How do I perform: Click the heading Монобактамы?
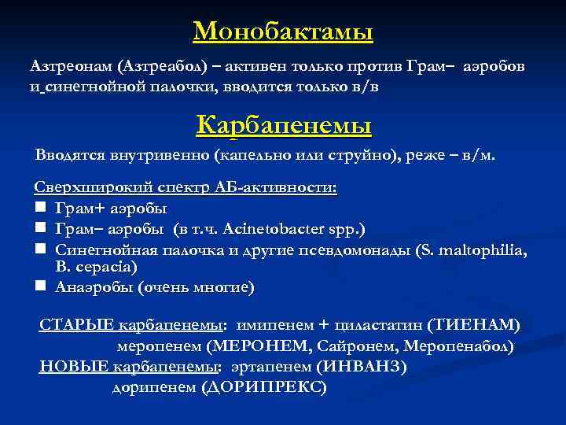coord(283,31)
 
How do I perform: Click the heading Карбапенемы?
coord(283,124)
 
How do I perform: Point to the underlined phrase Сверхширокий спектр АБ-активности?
coord(185,189)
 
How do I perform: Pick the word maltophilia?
coord(483,249)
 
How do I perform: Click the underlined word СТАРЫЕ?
coord(76,325)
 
